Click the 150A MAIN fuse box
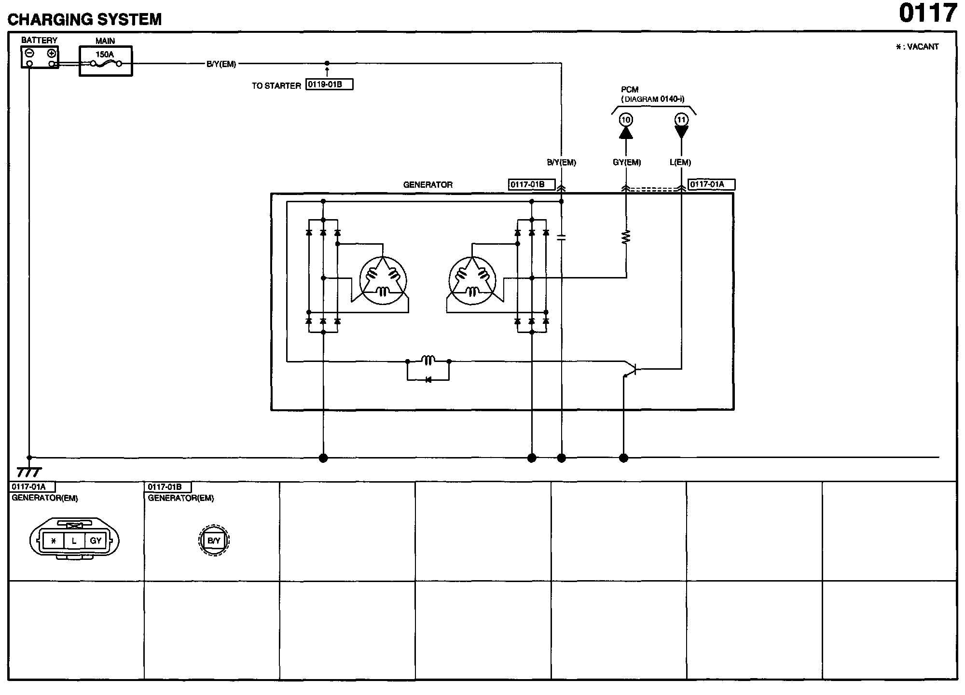[x=105, y=61]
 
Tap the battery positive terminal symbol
[x=52, y=53]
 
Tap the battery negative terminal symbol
[x=29, y=53]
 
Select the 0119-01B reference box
[x=329, y=84]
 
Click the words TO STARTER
[x=276, y=86]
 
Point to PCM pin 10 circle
[x=626, y=120]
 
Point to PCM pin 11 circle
[x=681, y=120]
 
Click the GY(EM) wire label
[x=627, y=162]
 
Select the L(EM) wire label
[x=680, y=162]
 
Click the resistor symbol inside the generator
[x=626, y=237]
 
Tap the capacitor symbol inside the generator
[x=561, y=237]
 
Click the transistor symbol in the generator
[x=630, y=370]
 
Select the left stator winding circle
[x=383, y=281]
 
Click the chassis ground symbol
[x=29, y=472]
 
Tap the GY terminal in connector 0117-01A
[x=96, y=541]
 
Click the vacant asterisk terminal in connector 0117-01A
[x=54, y=541]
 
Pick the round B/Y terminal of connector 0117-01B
[x=214, y=541]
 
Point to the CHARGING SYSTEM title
[x=85, y=19]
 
